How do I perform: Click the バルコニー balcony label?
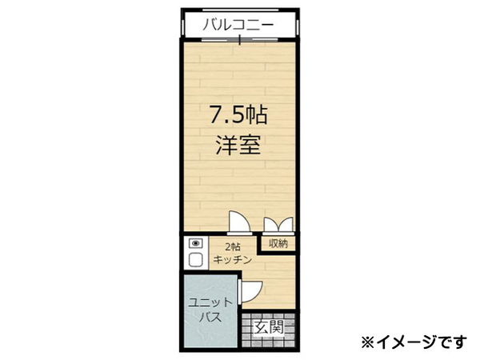coord(238,25)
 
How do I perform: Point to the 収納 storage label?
coord(278,243)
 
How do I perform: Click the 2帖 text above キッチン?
coord(232,247)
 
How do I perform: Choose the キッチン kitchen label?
coord(232,260)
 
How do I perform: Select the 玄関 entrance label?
coord(270,327)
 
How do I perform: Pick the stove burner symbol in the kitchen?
coord(194,243)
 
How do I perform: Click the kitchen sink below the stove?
coord(194,260)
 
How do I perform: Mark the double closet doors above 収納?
coord(277,226)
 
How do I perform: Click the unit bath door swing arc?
coord(251,290)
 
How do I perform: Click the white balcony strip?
coord(238,26)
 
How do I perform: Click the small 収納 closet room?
coord(278,243)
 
